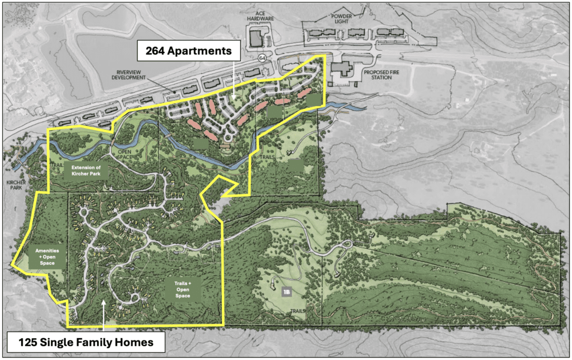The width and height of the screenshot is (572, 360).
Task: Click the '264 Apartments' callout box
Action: click(189, 51)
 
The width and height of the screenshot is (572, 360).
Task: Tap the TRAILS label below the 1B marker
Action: click(297, 312)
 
